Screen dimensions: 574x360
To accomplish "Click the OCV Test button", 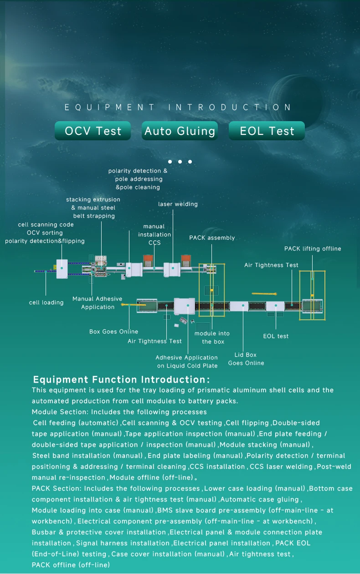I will tap(93, 131).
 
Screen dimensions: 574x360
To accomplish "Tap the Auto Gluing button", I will tap(180, 131).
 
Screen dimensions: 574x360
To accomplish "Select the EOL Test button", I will tap(267, 131).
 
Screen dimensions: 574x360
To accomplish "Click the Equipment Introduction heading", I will tap(178, 108).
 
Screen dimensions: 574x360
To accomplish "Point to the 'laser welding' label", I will tap(178, 204).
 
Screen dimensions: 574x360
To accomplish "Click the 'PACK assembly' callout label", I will tap(212, 238).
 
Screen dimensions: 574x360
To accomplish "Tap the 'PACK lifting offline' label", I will tap(313, 249).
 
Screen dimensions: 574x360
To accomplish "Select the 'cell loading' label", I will tap(46, 302).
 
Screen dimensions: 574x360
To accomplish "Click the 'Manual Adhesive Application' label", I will tap(98, 303).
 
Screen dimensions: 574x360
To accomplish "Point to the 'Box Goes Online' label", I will tap(113, 332).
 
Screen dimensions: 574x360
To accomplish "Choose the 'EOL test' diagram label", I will tap(276, 336).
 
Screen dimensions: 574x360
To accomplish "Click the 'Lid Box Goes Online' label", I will tap(246, 359).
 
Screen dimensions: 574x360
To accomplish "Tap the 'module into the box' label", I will tap(212, 338).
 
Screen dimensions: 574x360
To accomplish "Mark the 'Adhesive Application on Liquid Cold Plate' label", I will tap(187, 362).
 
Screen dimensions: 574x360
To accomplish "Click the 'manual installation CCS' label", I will tap(155, 235).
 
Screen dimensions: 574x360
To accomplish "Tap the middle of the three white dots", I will tap(180, 162).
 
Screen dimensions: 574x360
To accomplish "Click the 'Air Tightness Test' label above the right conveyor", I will tap(271, 265).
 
